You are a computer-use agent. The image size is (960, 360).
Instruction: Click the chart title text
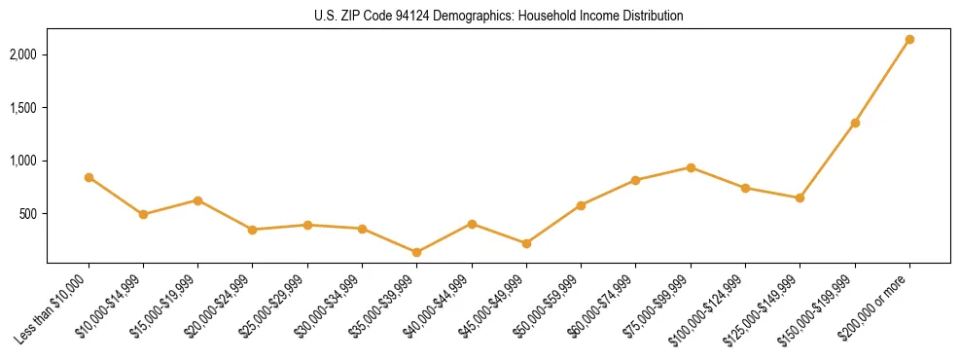point(498,17)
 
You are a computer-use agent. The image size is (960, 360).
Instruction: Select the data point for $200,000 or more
point(909,40)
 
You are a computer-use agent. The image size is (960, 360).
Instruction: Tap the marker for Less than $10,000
point(89,177)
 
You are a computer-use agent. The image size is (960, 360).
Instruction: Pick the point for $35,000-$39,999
point(417,252)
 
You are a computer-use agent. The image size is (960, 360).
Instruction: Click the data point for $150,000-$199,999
point(855,123)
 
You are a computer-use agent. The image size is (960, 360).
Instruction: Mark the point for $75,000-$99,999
point(691,167)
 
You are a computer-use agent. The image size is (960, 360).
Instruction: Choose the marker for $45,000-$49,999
point(526,243)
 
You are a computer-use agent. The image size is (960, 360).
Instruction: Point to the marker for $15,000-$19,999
point(197,200)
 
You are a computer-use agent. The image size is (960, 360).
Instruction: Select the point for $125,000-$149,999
point(800,198)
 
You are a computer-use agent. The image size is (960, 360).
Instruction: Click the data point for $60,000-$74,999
point(635,180)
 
